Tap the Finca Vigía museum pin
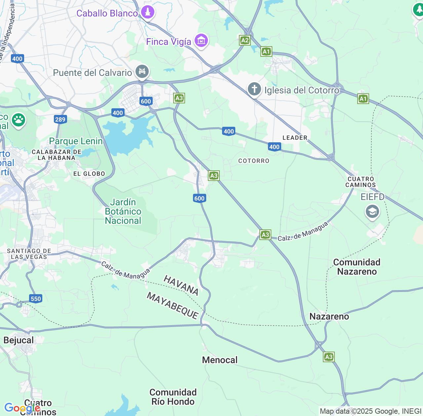(x=201, y=41)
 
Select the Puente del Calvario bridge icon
(x=142, y=72)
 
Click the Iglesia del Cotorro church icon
(x=254, y=89)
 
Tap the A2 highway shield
(x=245, y=41)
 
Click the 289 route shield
(x=60, y=119)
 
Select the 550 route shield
(x=36, y=299)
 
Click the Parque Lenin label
(x=76, y=141)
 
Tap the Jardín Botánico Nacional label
(x=123, y=211)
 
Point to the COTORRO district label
(x=254, y=161)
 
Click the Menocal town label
(x=220, y=360)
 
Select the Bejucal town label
(x=19, y=340)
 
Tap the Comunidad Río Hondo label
(x=173, y=397)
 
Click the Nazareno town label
(x=329, y=316)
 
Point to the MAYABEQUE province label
(x=173, y=306)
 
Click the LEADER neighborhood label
(x=295, y=138)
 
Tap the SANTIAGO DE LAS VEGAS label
(x=29, y=254)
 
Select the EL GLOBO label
(x=89, y=174)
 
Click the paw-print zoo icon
(x=19, y=120)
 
